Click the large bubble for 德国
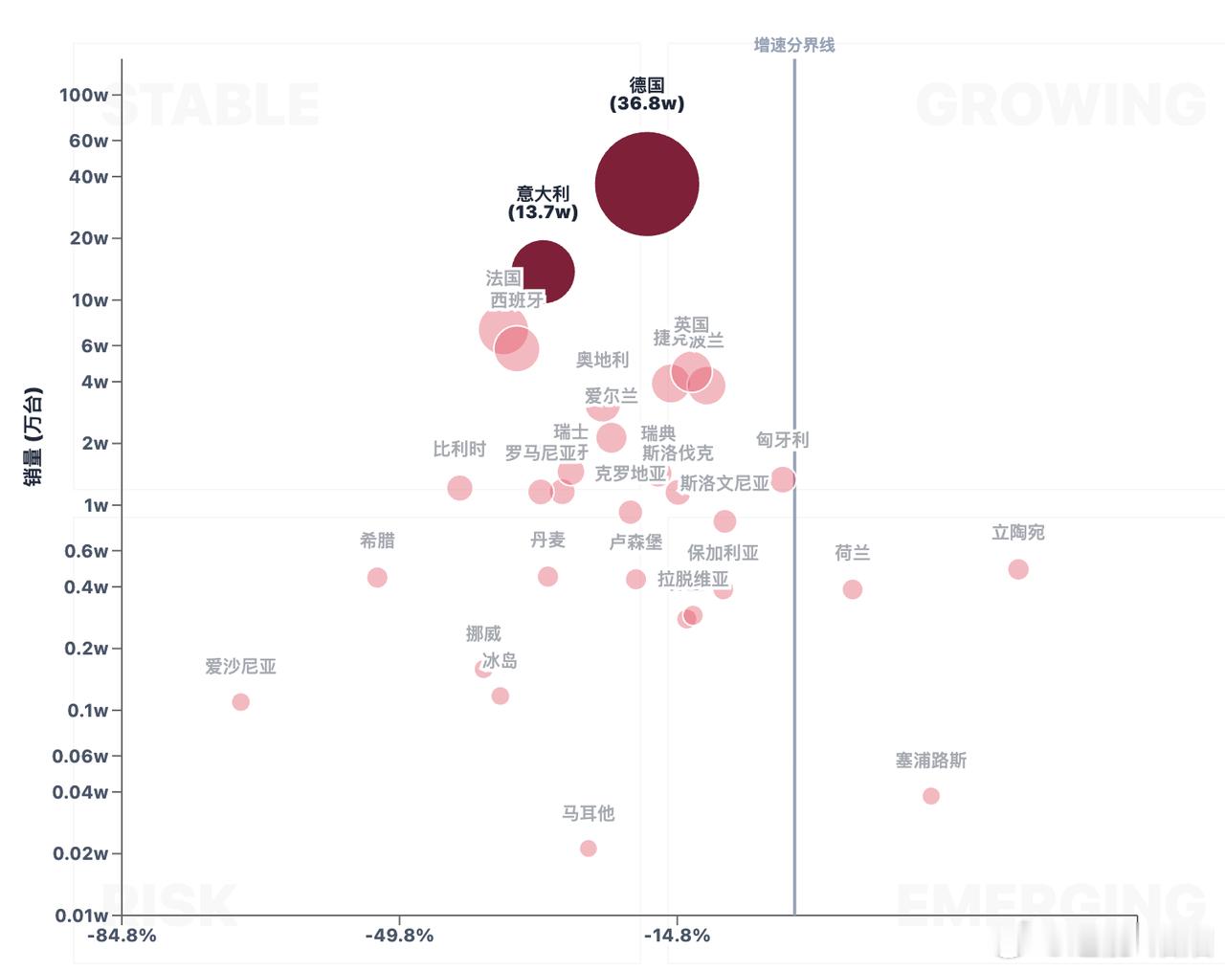point(647,184)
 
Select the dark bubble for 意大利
point(544,271)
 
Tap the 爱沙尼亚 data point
point(240,702)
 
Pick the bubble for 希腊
point(377,578)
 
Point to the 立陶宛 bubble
point(1018,569)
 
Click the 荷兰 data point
point(853,589)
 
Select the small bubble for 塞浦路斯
point(931,796)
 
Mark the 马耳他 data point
point(589,849)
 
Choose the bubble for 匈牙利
point(783,479)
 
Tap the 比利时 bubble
point(459,488)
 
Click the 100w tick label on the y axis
point(83,95)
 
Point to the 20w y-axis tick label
point(88,238)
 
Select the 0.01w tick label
point(80,916)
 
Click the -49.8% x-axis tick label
point(399,936)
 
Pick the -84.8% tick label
point(122,936)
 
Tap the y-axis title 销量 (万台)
point(33,436)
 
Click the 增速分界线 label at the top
point(793,45)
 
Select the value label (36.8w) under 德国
point(647,103)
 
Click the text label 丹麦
point(547,540)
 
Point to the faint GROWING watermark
point(1060,104)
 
